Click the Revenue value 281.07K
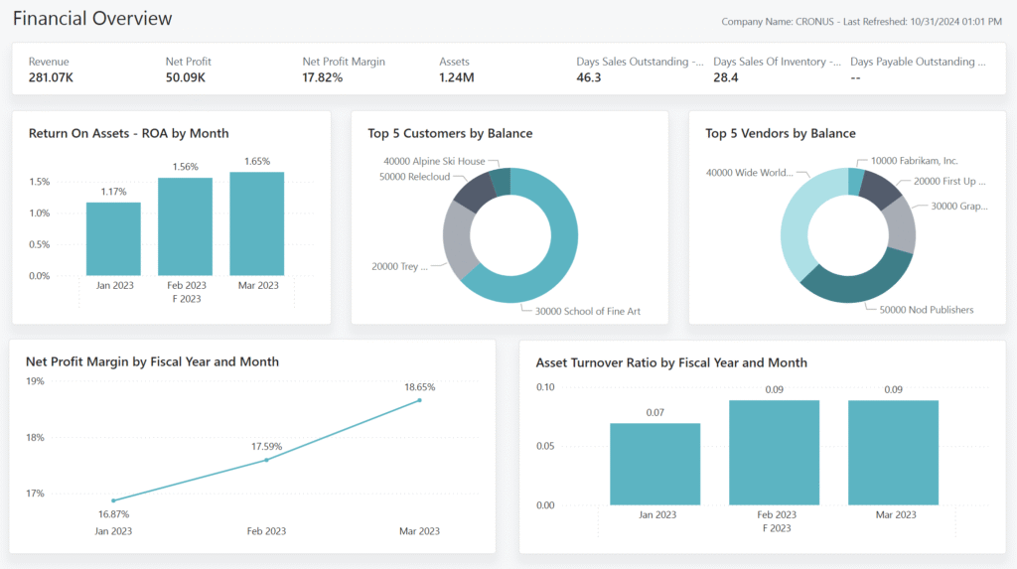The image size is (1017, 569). point(52,77)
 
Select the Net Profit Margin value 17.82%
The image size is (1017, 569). point(323,77)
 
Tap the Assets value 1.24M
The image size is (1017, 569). point(457,77)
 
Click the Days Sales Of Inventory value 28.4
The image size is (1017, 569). point(727,77)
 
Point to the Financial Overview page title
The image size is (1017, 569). point(92,19)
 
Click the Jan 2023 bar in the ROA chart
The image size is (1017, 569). point(113,239)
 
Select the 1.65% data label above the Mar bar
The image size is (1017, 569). point(256,161)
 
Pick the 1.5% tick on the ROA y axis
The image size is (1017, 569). point(40,182)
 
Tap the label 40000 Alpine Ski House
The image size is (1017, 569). point(434,161)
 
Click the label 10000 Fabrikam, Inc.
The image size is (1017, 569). point(914,160)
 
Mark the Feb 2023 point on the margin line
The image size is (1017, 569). point(266,460)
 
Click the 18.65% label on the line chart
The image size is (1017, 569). point(419,386)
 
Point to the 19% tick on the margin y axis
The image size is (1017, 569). point(35,381)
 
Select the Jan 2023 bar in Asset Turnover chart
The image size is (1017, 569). point(654,465)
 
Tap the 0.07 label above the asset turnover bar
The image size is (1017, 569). point(654,412)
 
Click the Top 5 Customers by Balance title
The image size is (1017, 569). point(450,133)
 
